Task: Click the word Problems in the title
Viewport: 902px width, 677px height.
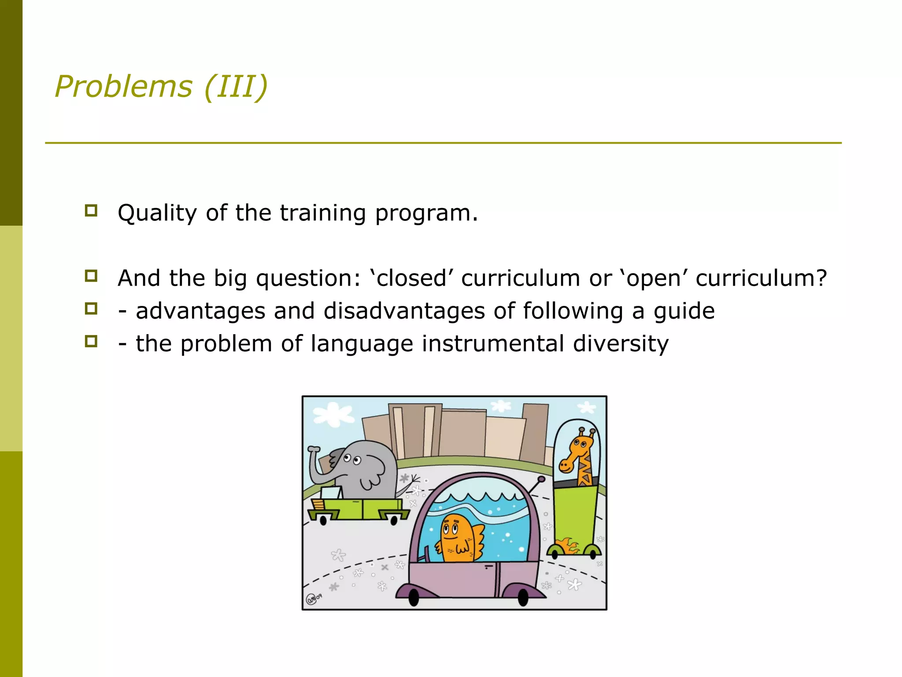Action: point(123,86)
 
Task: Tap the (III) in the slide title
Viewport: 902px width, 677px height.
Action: point(236,86)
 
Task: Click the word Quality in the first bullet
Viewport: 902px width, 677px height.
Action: point(157,214)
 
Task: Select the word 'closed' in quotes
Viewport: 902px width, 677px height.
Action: point(412,279)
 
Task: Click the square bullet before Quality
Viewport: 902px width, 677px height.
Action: point(91,210)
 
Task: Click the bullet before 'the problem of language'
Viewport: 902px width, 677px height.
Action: point(91,341)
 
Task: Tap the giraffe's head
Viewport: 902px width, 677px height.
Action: point(577,450)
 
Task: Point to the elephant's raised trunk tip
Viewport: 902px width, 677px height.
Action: point(314,449)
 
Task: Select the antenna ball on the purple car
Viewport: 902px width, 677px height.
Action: point(542,479)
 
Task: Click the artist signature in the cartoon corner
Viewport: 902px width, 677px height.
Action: point(314,599)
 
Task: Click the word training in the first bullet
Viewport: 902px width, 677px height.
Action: point(322,214)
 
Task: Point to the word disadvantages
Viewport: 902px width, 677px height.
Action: point(404,311)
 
